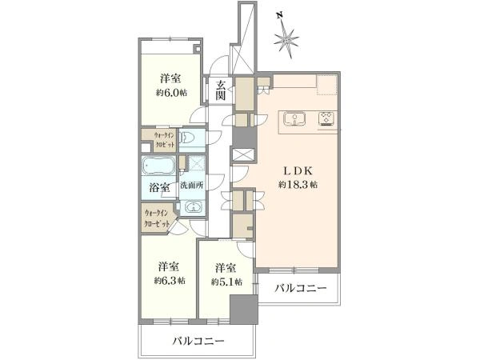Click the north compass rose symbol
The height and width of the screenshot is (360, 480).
pos(287,37)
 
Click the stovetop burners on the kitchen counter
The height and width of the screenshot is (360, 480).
pos(327,119)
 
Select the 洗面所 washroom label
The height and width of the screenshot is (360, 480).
pos(191,186)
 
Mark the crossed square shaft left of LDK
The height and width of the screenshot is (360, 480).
pos(242,154)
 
